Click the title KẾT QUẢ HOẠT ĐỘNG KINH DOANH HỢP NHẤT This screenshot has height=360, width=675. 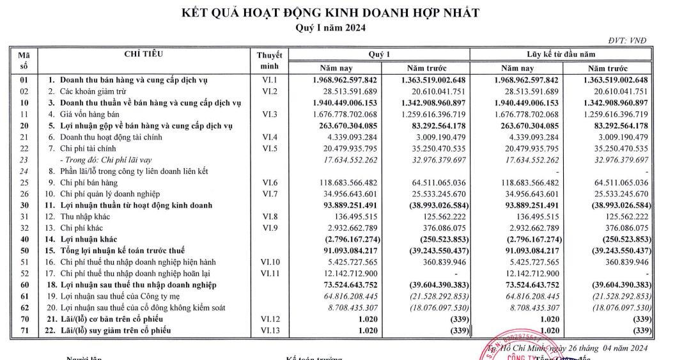point(330,13)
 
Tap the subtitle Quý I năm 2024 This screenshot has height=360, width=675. point(330,27)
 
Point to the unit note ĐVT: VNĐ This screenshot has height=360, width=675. point(628,40)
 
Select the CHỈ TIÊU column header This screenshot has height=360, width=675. point(144,54)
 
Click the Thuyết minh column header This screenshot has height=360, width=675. point(269,61)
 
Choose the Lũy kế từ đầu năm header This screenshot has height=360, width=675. point(560,54)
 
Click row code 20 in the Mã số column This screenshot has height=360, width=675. point(24,125)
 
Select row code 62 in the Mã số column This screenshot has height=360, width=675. point(24,308)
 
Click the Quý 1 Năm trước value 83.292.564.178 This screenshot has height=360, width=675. point(435,125)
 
